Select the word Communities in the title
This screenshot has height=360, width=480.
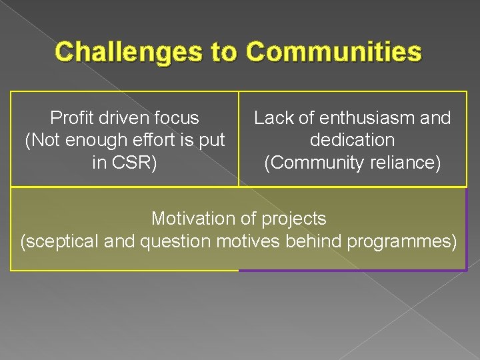(334, 52)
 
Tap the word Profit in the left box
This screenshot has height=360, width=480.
(71, 118)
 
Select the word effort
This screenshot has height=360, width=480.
(142, 141)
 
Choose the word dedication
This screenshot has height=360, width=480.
(353, 141)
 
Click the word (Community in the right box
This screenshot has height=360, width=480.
(311, 163)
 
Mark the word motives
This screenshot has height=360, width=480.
(249, 241)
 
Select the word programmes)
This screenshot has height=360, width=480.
(403, 241)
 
